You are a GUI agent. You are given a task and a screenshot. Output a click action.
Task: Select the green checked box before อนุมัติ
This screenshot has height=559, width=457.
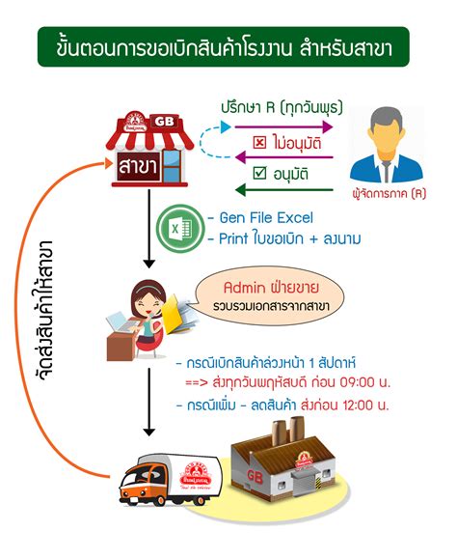click(x=257, y=175)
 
